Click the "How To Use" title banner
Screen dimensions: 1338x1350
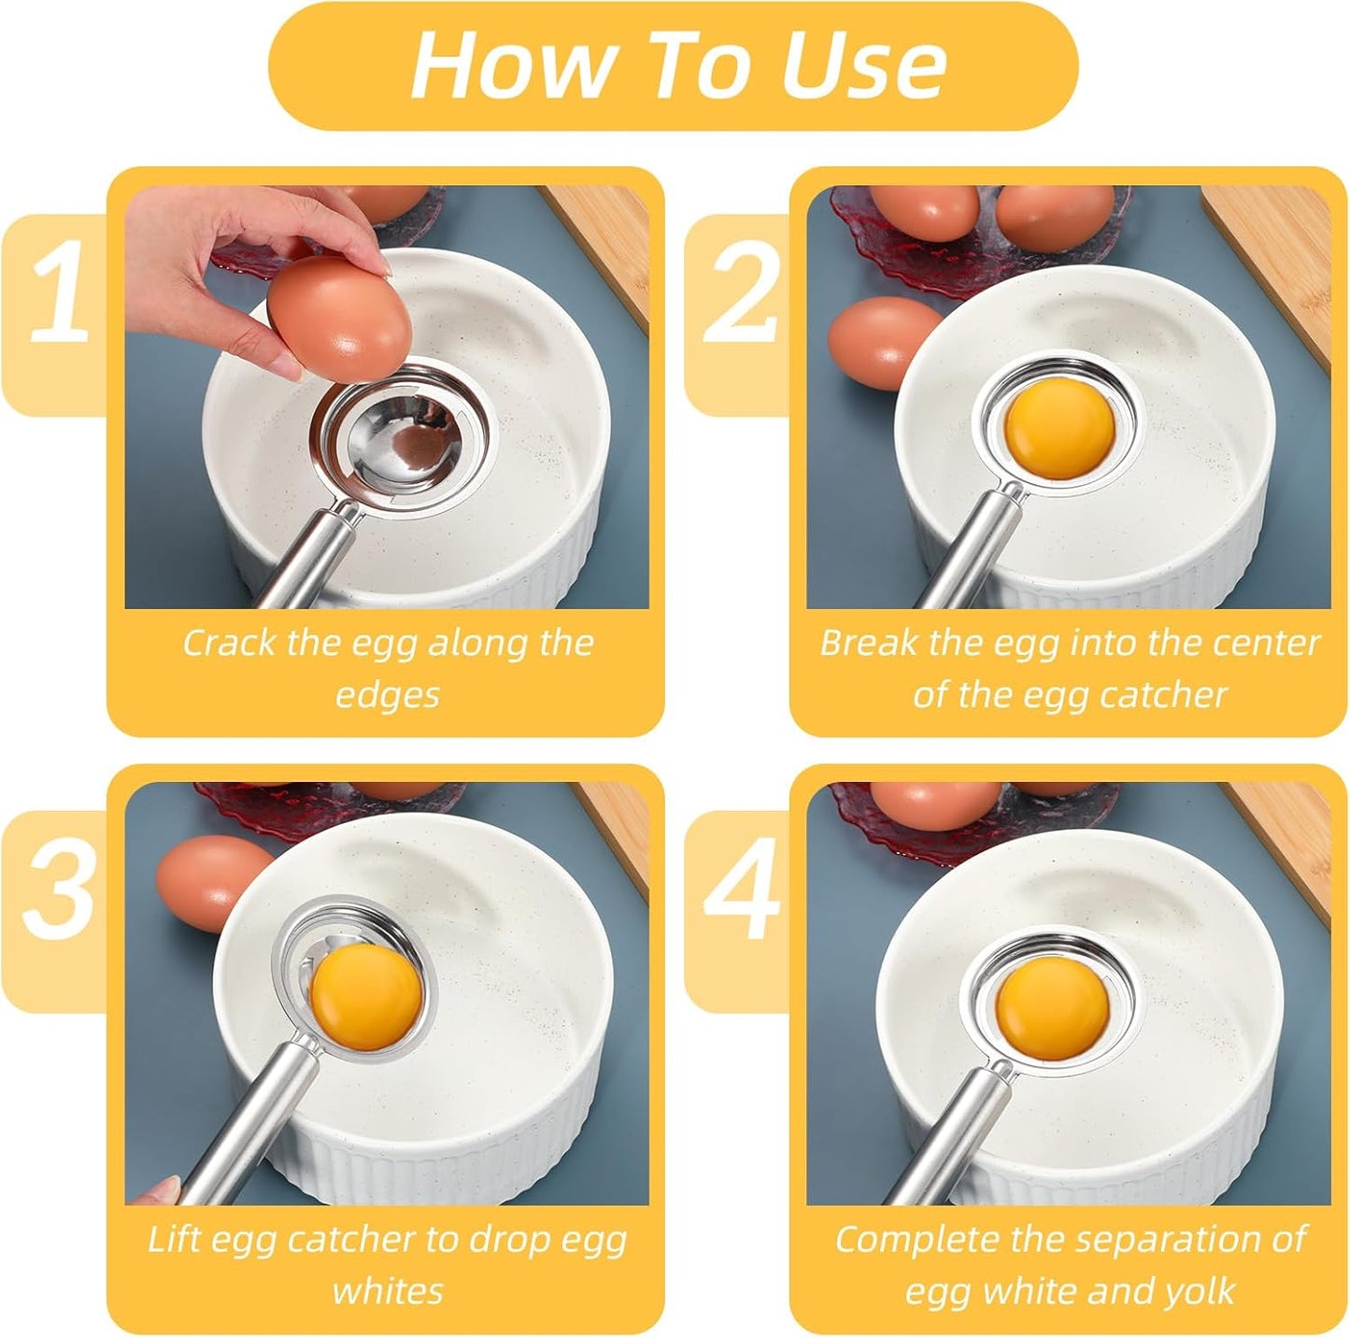pos(675,65)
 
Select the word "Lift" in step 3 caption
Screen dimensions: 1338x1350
pos(174,1240)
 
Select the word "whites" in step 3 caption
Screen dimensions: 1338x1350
pos(387,1292)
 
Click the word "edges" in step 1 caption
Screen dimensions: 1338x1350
pos(387,695)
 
